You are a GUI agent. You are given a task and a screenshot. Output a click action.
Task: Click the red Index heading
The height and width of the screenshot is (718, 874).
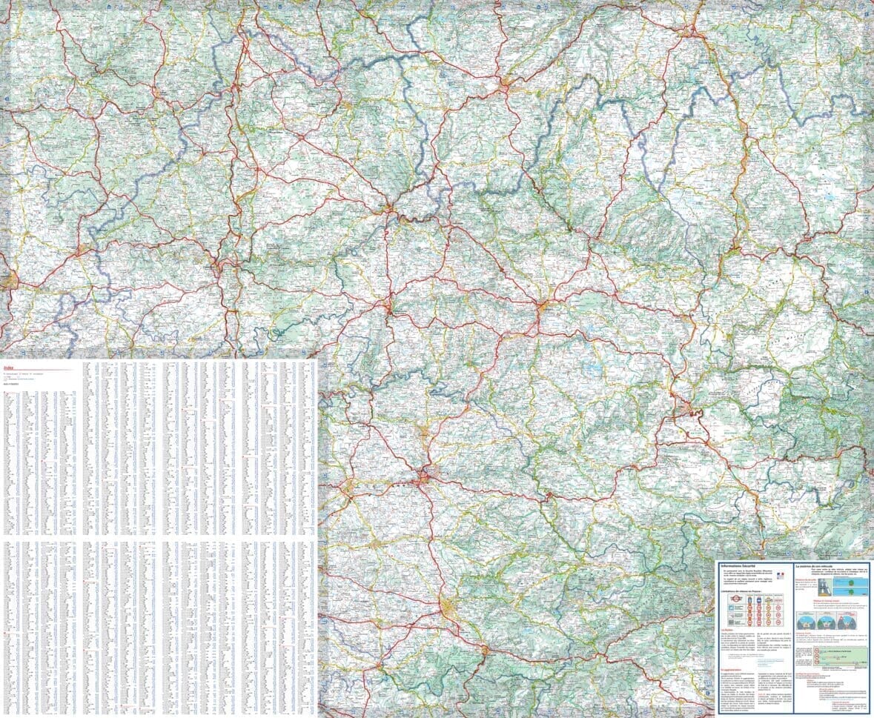pos(8,366)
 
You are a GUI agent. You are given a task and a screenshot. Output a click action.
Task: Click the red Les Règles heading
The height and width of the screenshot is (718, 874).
pos(725,630)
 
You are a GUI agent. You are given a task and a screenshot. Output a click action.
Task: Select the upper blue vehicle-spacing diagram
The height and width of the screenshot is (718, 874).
pos(850,582)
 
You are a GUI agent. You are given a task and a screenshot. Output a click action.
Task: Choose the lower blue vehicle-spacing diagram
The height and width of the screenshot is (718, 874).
pos(850,592)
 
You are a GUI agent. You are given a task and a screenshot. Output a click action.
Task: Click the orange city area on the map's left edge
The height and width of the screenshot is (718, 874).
pos(9,280)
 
